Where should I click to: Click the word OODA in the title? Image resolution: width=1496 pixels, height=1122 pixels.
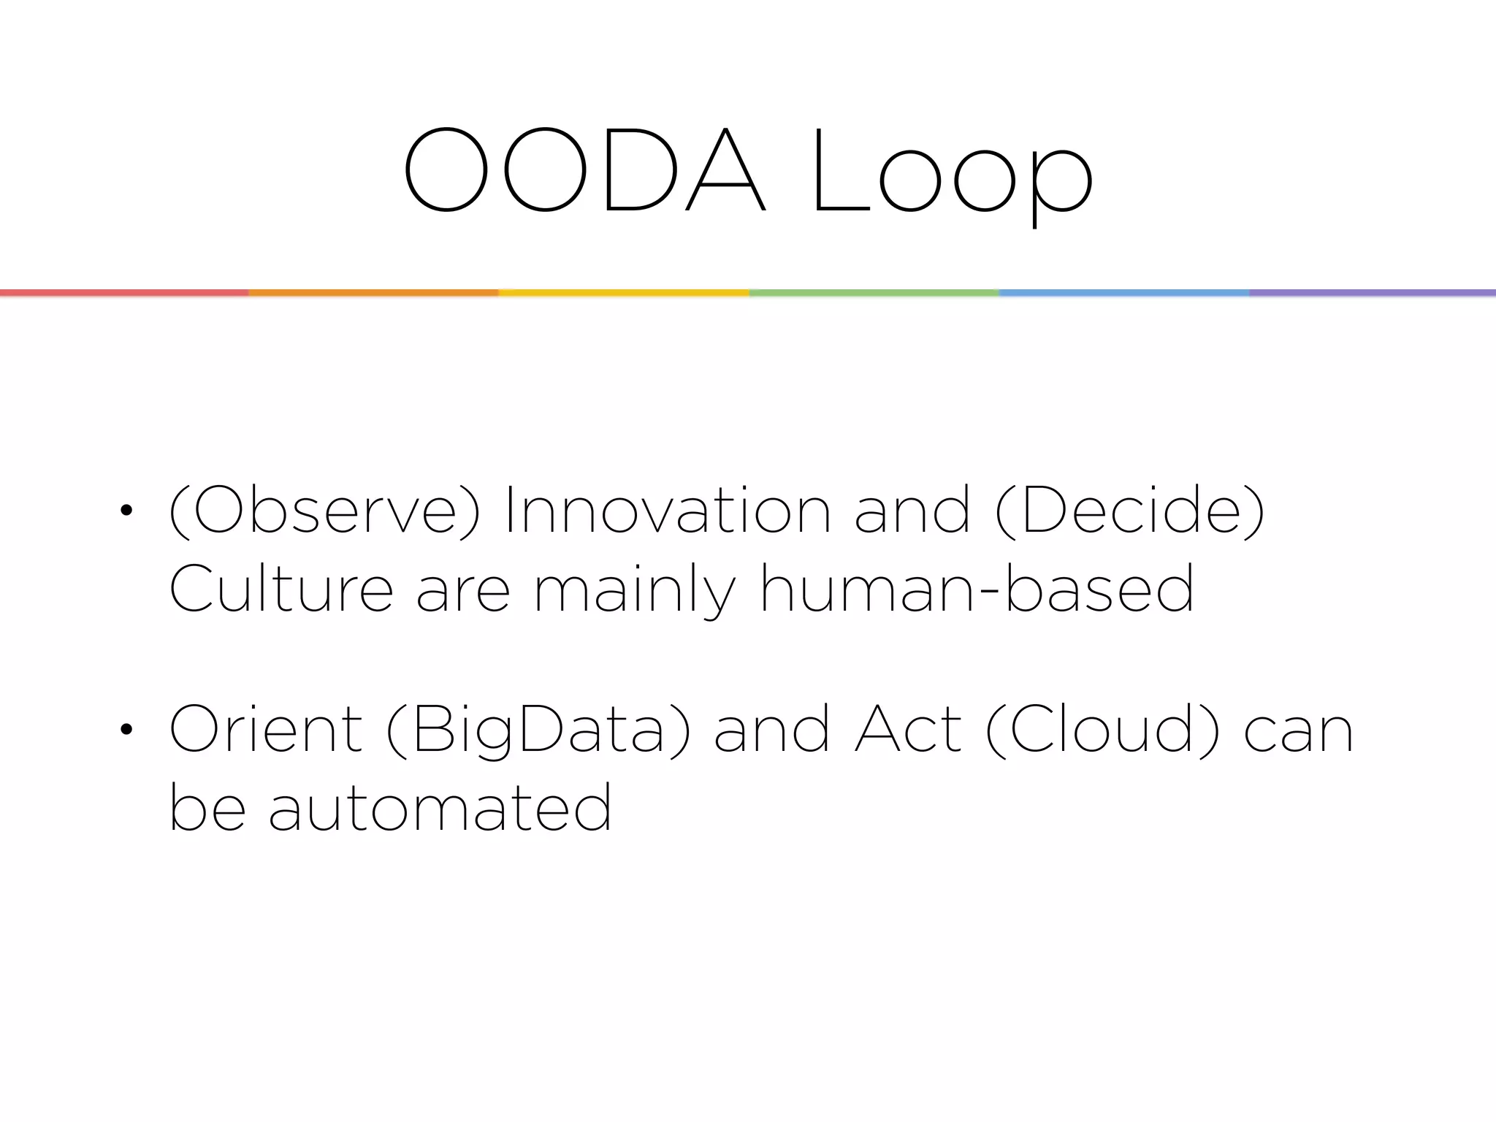[584, 170]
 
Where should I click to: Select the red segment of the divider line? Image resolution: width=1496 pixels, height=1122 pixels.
[124, 293]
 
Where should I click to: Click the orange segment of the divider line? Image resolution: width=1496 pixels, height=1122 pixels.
[373, 293]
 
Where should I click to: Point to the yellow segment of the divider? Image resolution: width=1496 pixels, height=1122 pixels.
[624, 293]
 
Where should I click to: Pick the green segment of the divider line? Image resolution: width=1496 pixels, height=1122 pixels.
[874, 293]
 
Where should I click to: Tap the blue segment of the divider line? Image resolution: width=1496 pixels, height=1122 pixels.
[1123, 293]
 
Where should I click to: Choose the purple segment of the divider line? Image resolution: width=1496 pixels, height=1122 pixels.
[1372, 293]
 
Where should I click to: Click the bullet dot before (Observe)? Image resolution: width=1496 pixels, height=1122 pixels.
[126, 511]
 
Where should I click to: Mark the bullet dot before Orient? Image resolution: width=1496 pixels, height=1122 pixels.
[126, 729]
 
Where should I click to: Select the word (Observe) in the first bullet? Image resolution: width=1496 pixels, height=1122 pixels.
[324, 511]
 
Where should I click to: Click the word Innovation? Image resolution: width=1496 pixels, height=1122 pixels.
[667, 511]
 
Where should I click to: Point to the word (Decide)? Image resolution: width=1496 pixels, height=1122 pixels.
[1129, 511]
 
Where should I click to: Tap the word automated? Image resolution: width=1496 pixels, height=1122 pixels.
[440, 808]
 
